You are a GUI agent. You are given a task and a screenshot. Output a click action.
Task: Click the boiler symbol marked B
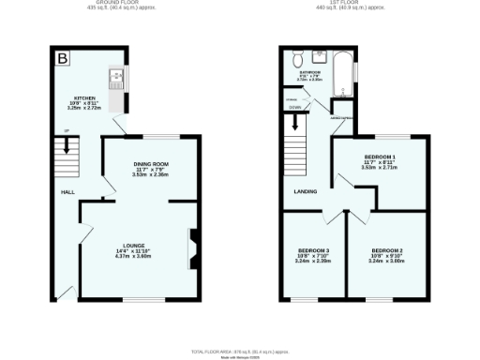point(62,59)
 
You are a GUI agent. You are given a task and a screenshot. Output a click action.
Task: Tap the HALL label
point(67,191)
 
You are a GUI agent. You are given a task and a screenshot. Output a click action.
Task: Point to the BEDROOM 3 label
point(314,250)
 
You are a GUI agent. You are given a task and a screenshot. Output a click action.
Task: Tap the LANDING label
point(306,192)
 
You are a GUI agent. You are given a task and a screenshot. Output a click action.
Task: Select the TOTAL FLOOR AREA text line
point(239,351)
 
